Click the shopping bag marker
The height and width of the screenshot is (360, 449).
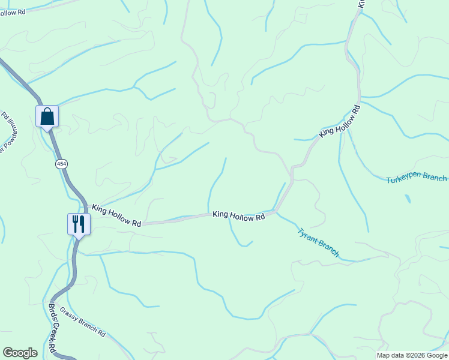47,116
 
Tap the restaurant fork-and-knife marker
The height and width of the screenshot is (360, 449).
78,224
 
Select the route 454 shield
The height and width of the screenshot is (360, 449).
61,164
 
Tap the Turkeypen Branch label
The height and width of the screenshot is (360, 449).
416,178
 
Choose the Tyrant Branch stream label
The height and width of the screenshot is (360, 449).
318,242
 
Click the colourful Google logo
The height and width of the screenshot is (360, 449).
20,353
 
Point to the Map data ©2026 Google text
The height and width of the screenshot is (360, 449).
412,355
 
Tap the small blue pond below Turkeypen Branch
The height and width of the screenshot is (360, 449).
408,198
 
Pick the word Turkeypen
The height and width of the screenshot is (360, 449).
404,179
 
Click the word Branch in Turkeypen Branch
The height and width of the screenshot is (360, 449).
435,178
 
